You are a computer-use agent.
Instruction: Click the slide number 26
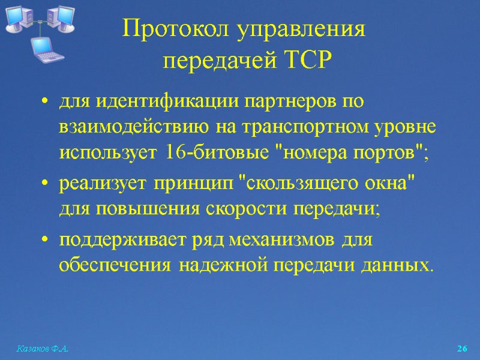click(x=461, y=349)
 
